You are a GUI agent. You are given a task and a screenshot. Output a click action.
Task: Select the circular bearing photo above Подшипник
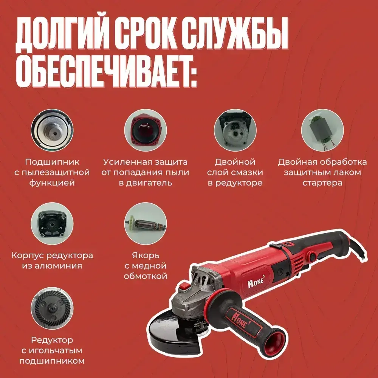[52, 131]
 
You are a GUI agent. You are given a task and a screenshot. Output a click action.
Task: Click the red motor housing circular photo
[146, 131]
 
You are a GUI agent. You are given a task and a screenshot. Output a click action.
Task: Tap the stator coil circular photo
[322, 131]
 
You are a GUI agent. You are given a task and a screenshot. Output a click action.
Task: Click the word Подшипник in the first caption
[52, 162]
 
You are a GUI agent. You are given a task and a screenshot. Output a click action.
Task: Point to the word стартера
[322, 183]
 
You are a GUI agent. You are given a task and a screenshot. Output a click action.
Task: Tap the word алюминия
[52, 265]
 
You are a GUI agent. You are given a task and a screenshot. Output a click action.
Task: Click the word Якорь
[146, 255]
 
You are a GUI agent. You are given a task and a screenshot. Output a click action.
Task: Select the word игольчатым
[52, 350]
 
